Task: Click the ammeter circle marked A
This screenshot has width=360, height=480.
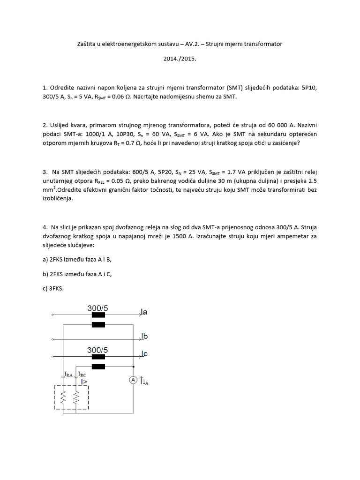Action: (x=133, y=379)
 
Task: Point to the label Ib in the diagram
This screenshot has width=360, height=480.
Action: (x=144, y=336)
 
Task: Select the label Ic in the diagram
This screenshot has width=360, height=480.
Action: (x=144, y=354)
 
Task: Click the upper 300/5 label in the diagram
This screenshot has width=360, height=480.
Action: (x=97, y=308)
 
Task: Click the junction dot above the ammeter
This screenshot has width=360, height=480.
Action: (x=134, y=367)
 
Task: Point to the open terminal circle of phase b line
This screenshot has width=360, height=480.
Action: (x=52, y=337)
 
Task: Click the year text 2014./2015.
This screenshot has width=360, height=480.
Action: (x=180, y=60)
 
